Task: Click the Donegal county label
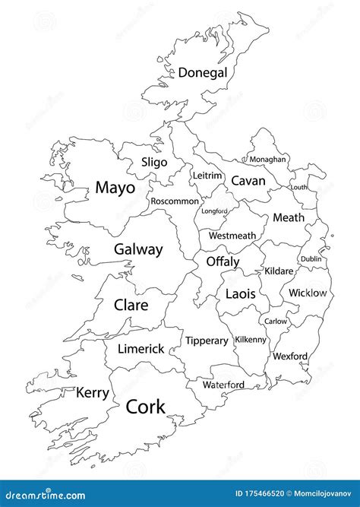coord(203,73)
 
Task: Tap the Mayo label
coord(115,188)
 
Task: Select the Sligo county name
coord(154,162)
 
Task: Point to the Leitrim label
coord(207,176)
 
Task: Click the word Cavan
coord(248,181)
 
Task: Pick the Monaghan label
coord(268,160)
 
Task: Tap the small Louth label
coord(299,187)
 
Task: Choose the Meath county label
coord(288,218)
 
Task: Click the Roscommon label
coord(175,201)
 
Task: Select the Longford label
coord(214,211)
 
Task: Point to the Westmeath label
coord(232,236)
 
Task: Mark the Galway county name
coord(138,249)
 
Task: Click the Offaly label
coord(223,262)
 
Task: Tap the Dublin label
coord(311,259)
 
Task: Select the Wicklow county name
coord(308,293)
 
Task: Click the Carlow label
coord(276,322)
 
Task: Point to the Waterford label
coord(223,385)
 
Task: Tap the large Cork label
coord(145,407)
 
